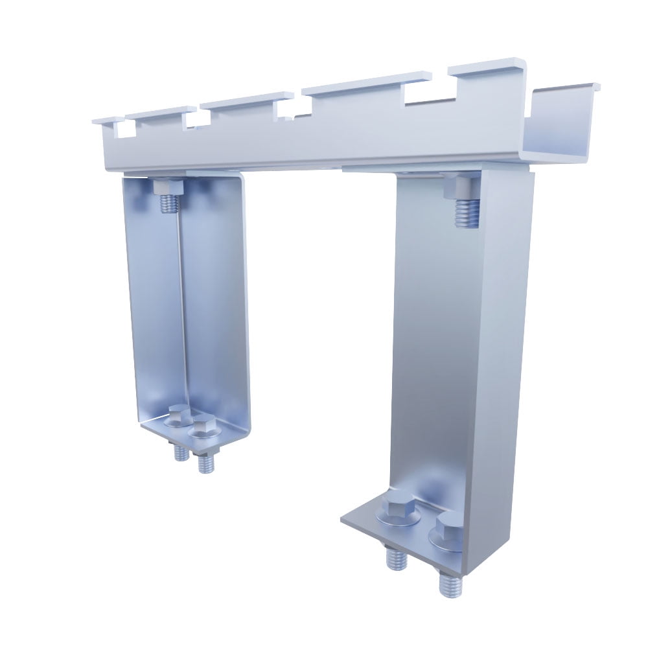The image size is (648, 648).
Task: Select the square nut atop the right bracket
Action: [x=461, y=187]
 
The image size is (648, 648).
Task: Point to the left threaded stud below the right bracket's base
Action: [x=394, y=558]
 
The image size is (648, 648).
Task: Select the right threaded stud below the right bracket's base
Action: [x=449, y=584]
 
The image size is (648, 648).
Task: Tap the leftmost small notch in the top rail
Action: [x=124, y=130]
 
